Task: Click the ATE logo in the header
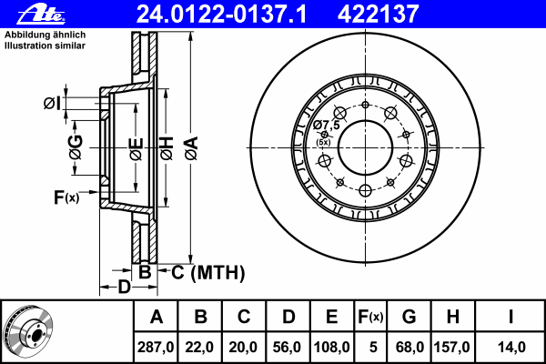tap(41, 15)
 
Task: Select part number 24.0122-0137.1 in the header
tap(221, 15)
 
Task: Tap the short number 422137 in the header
tap(378, 15)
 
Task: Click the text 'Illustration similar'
tap(45, 45)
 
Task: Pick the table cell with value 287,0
tap(156, 347)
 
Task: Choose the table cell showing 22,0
tap(199, 347)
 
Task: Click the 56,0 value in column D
tap(287, 347)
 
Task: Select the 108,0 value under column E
tap(331, 347)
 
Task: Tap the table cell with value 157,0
tap(452, 347)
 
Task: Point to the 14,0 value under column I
tap(511, 347)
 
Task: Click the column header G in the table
tap(409, 317)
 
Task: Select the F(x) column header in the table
tap(370, 317)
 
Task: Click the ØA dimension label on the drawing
tap(192, 148)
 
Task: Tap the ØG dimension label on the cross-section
tap(76, 147)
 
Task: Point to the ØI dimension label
tap(52, 104)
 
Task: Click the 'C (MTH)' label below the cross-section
tap(207, 272)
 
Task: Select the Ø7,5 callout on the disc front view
tap(327, 125)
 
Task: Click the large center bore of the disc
tap(365, 147)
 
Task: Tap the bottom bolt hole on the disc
tap(365, 190)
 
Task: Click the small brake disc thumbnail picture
tap(28, 330)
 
